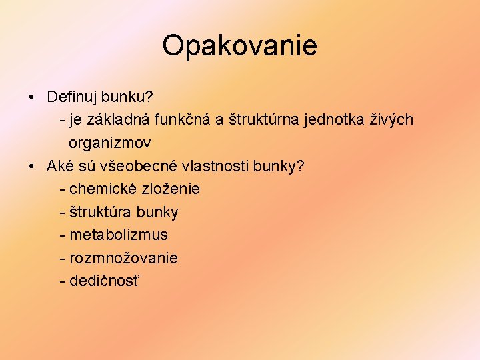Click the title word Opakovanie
click(x=239, y=46)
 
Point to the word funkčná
click(x=186, y=120)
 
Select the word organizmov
click(x=109, y=143)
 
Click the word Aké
click(x=59, y=166)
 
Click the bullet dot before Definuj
click(x=32, y=97)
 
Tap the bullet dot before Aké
click(x=32, y=166)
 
